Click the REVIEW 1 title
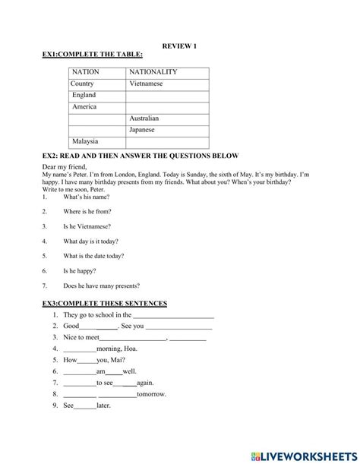click(180, 46)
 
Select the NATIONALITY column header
click(153, 72)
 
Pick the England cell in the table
click(84, 96)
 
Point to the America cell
click(84, 107)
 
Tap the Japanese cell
click(143, 131)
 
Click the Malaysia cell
click(85, 142)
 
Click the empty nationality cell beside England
click(167, 96)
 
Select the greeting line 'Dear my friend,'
click(65, 167)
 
